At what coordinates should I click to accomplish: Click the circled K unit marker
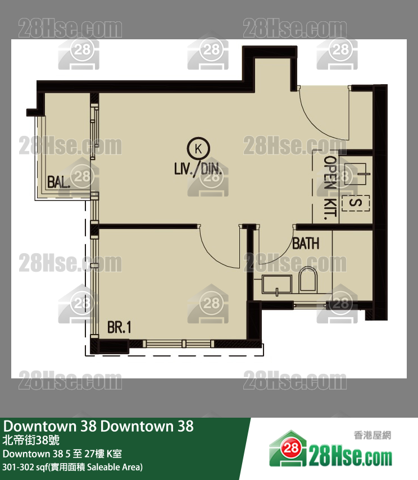coord(198,149)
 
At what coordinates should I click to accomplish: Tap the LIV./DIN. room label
coord(198,168)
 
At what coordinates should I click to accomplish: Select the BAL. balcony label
coord(59,182)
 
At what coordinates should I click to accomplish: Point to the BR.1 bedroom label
coord(119,327)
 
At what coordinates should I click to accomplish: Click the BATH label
coord(306,244)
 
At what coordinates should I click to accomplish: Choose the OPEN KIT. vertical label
coord(330,188)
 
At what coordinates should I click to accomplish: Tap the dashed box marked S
coord(356,203)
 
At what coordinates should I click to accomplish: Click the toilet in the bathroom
coord(308,279)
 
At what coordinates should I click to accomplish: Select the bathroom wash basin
coord(276,285)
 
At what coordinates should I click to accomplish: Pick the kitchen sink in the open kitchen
coord(356,175)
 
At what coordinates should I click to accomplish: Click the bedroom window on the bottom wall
coord(179,344)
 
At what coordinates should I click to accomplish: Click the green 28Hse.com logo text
coord(350,458)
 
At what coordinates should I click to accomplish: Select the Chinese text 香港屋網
coord(372,435)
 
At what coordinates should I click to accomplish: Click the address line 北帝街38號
coord(31,440)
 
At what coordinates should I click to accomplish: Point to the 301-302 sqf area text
coord(72,467)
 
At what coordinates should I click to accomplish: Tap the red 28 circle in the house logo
coord(290,448)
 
